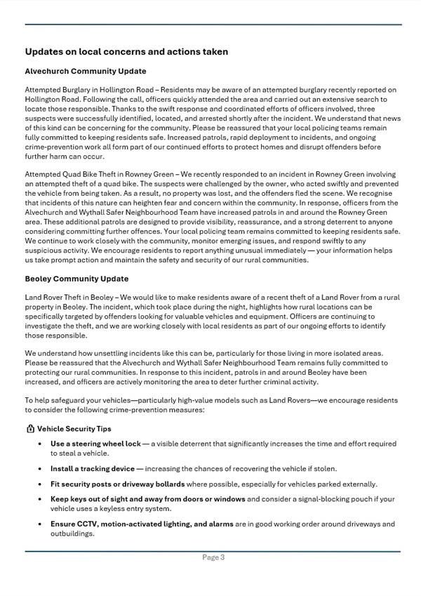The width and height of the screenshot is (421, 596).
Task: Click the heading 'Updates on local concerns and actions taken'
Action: point(126,52)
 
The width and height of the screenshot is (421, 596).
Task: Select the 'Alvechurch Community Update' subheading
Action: point(86,71)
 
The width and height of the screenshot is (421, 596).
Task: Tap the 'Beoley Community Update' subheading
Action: point(76,279)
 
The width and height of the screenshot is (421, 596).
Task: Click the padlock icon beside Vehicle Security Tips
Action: point(30,428)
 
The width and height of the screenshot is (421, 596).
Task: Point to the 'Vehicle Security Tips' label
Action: point(74,428)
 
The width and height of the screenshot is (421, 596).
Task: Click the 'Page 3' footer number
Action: point(213,557)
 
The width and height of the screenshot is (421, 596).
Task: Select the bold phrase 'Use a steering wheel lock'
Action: point(95,444)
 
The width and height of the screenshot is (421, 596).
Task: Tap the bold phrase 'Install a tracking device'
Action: point(92,468)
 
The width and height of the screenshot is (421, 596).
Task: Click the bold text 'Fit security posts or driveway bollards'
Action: point(118,484)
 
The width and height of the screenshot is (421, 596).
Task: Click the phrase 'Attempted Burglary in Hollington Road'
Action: point(89,90)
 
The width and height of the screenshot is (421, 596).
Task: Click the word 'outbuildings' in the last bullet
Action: point(73,533)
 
